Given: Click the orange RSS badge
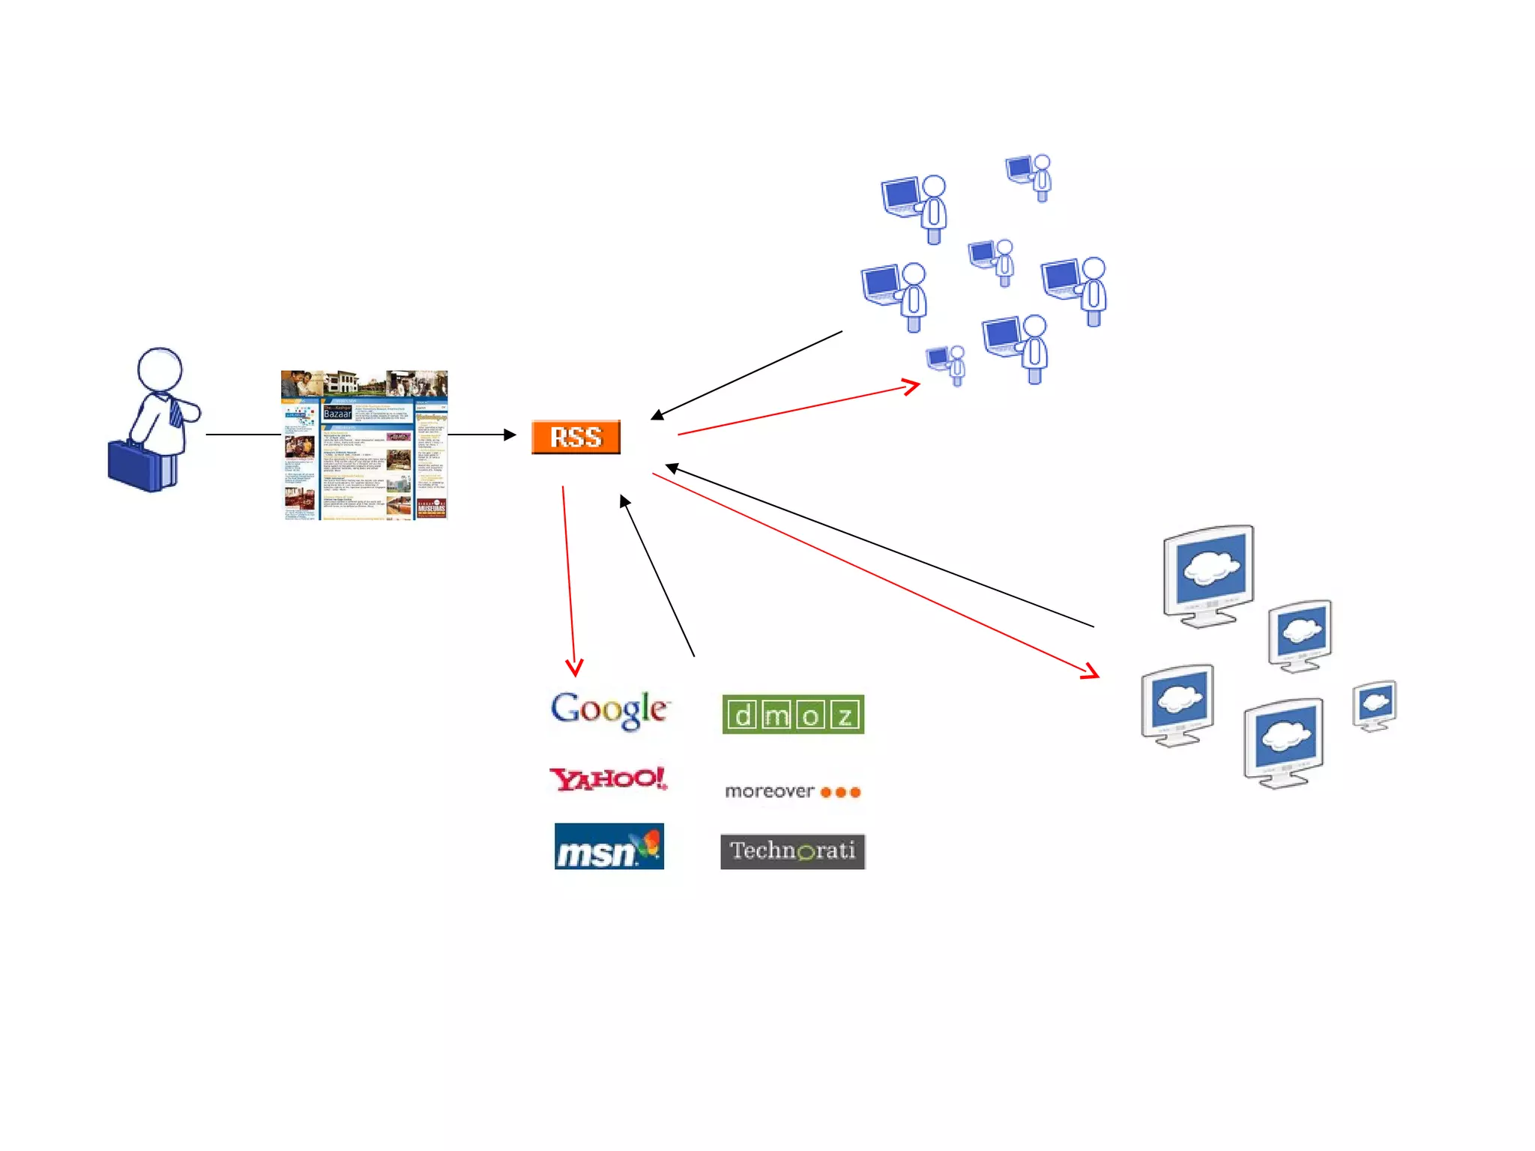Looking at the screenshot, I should pos(576,437).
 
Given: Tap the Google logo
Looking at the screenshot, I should pos(609,709).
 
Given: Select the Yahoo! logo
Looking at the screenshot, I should pos(608,779).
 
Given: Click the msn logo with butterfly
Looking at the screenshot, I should pos(609,847).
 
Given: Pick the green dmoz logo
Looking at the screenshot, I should pos(793,715).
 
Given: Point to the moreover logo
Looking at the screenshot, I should pos(791,791).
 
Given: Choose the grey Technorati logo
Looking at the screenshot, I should pos(792,851).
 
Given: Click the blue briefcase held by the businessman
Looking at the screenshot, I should pos(141,466).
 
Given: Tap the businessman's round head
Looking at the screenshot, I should pos(160,369).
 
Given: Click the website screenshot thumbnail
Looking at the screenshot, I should pos(364,444).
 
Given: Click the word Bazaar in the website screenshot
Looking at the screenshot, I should pos(337,414).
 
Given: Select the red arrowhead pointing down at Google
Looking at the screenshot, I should pos(574,667).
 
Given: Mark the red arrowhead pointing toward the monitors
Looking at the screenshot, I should pos(1091,671).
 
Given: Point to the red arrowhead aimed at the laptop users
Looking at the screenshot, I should pos(911,387).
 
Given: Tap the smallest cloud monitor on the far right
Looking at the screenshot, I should pos(1375,705).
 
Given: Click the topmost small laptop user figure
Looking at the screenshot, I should pos(1029,177).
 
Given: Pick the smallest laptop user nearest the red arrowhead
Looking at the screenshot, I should pos(947,364).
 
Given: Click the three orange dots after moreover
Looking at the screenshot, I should pos(840,792).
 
